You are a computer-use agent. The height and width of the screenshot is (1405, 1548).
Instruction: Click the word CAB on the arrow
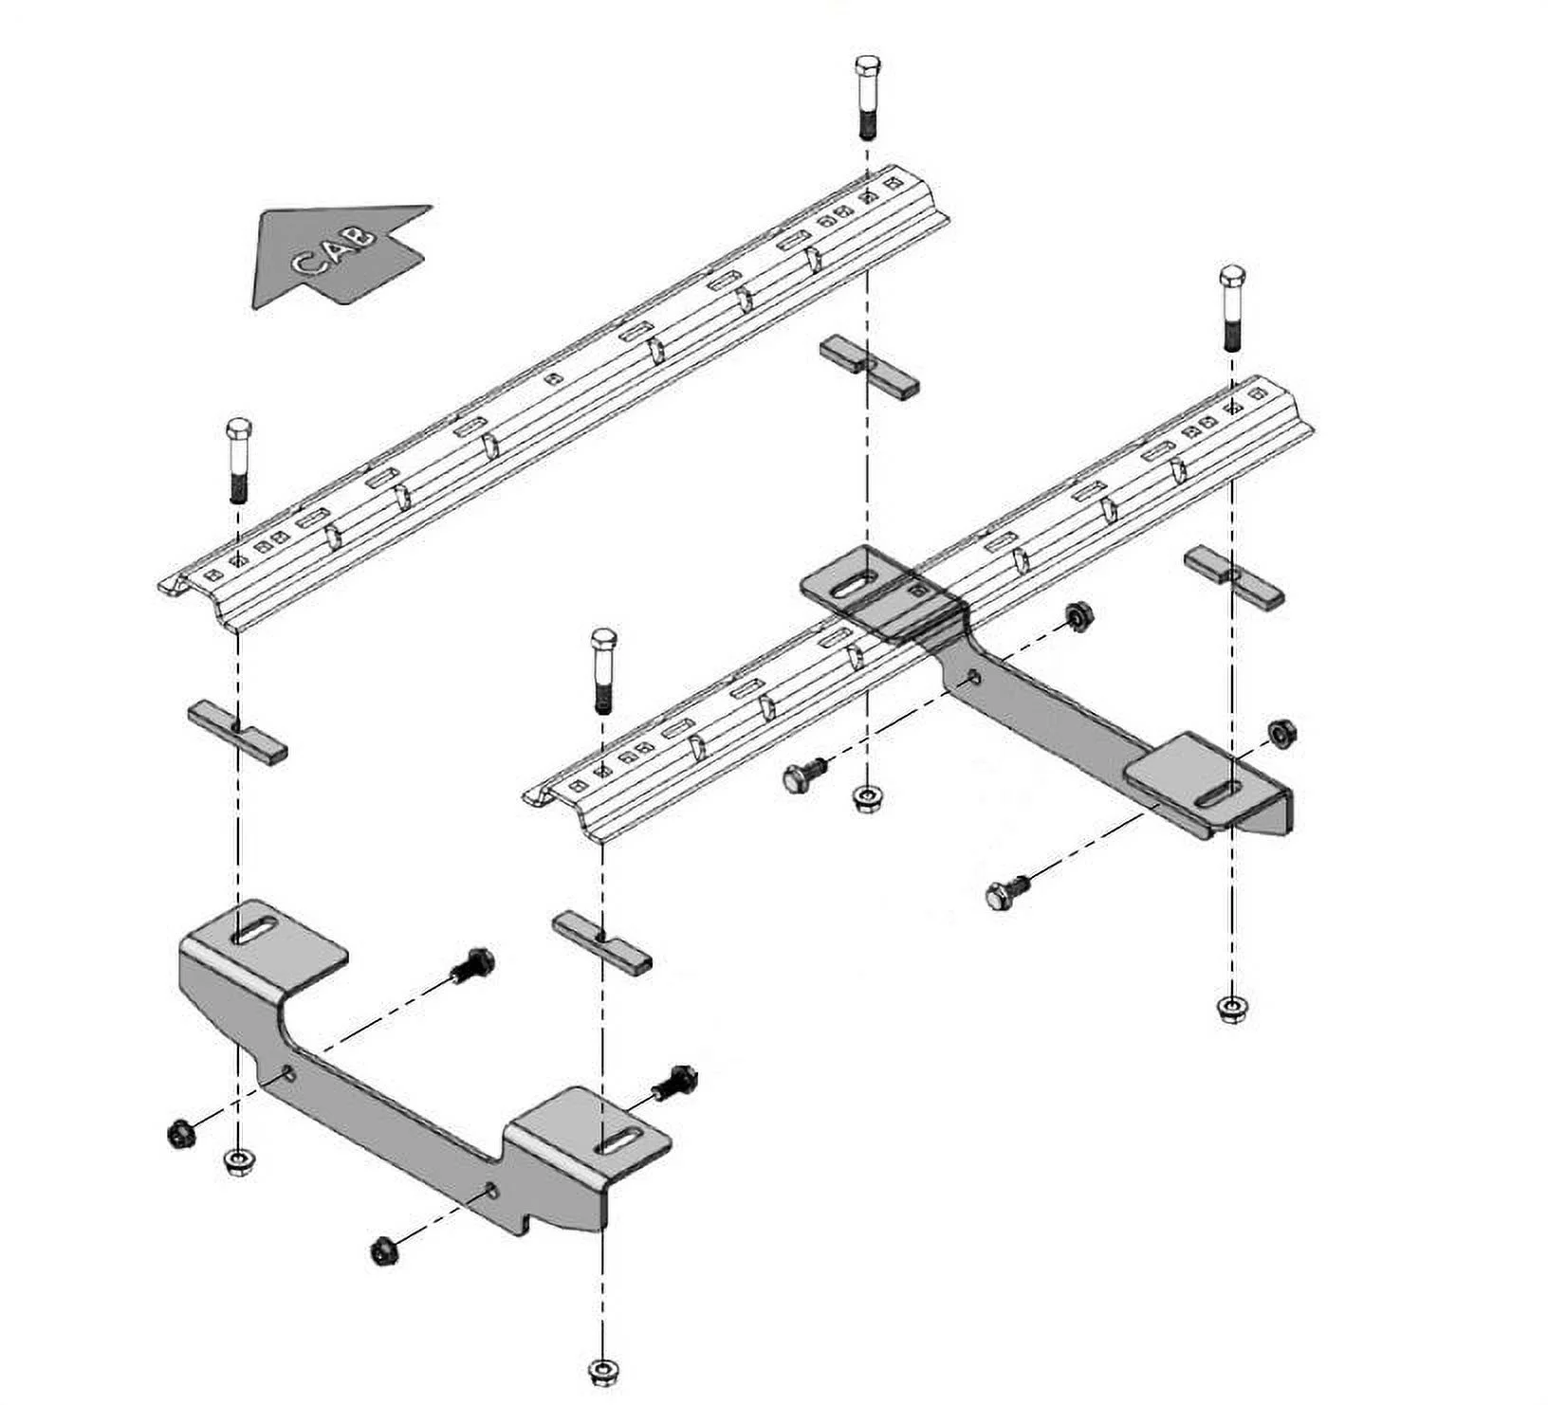(334, 249)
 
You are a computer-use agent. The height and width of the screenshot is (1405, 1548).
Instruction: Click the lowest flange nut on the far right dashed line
(1230, 1008)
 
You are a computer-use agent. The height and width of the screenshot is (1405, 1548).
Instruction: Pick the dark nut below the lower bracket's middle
(382, 1250)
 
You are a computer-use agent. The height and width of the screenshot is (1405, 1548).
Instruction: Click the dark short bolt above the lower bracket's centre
(475, 966)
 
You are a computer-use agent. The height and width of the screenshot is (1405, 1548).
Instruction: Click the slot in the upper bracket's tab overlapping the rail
(856, 585)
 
